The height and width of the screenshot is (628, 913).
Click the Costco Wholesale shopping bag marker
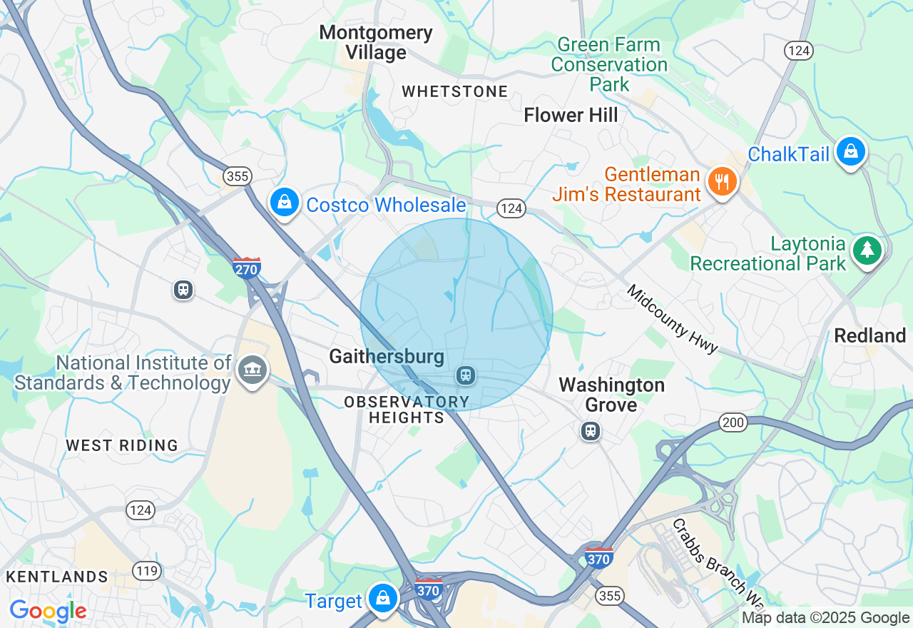point(285,202)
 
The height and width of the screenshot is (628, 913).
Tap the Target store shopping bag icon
point(383,597)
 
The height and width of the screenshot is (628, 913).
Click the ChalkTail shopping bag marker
point(850,151)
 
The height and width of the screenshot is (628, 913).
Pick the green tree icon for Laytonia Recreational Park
point(867,250)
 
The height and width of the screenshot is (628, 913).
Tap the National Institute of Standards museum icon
point(252,370)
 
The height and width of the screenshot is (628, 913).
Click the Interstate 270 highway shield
point(246,268)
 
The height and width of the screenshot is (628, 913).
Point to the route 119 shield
point(145,570)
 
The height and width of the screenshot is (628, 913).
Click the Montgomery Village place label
point(376,42)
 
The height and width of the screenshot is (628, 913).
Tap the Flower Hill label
point(571,115)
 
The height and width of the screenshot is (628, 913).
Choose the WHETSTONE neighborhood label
point(455,91)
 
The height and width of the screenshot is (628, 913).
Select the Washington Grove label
point(611,395)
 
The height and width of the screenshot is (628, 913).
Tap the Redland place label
point(869,335)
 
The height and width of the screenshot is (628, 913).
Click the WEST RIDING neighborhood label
point(122,445)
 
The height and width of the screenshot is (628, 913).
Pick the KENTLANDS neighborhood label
point(57,577)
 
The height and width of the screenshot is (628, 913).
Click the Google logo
point(48,611)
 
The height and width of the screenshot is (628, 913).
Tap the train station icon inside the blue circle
point(466,374)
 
